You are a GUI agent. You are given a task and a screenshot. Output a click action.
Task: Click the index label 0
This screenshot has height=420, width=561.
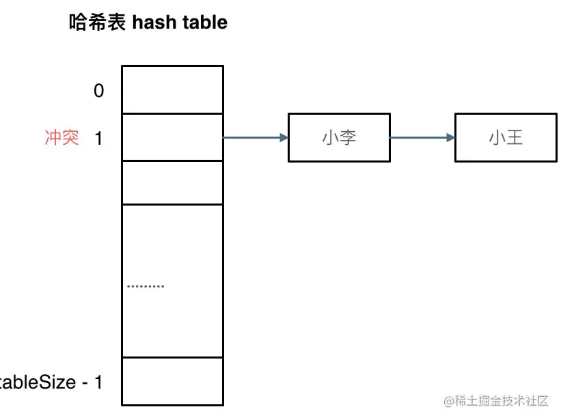click(99, 90)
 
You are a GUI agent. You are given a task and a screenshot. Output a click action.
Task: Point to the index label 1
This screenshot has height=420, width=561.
click(98, 138)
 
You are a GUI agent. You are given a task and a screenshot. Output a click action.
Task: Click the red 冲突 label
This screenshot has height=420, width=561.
click(61, 138)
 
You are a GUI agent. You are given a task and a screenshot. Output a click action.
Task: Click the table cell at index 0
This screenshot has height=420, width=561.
click(172, 89)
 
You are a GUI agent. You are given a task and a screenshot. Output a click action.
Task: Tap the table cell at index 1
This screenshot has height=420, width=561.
click(172, 137)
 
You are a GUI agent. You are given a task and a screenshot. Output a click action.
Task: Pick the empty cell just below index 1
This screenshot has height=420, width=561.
click(172, 182)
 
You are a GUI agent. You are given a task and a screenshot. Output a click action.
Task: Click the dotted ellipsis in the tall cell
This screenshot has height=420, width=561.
click(146, 286)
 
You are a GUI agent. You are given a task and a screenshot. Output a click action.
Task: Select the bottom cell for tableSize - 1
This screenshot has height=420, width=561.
click(172, 381)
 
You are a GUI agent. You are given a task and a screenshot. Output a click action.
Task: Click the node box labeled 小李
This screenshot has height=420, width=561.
click(340, 138)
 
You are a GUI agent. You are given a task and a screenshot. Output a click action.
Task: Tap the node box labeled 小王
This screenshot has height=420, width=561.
click(506, 138)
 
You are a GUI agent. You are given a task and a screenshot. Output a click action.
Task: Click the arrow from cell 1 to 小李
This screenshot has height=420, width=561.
click(254, 138)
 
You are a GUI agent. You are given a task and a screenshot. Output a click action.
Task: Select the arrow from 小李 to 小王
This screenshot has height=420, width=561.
click(422, 138)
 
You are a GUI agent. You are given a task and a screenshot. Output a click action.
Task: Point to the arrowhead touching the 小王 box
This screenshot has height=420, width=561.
click(450, 138)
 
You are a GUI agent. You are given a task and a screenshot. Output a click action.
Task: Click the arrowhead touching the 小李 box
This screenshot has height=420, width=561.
click(284, 138)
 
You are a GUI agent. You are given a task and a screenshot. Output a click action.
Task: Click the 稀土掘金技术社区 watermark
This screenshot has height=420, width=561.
click(506, 400)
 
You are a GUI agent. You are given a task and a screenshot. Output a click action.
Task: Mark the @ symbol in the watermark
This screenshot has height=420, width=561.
click(449, 400)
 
